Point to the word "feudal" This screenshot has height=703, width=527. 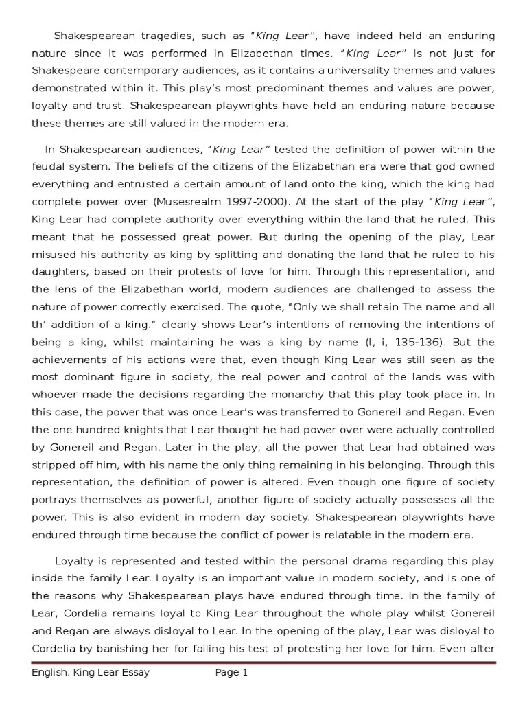[47, 167]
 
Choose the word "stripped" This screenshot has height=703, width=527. [54, 465]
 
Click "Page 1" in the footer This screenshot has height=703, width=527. [231, 673]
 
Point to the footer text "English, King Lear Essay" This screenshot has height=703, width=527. [91, 673]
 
